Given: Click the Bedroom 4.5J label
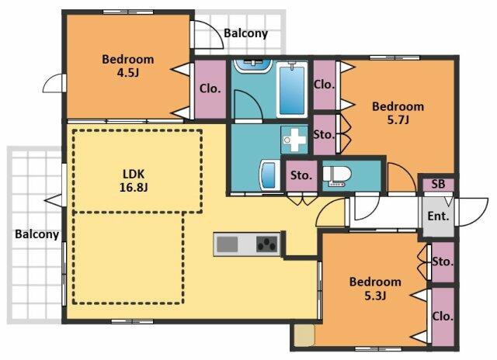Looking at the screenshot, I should tap(127, 65).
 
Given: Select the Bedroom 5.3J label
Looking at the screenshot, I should tap(374, 288).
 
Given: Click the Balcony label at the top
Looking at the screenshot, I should tap(245, 33).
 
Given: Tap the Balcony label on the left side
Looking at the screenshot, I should tap(36, 234).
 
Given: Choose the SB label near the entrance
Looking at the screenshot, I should tap(438, 185).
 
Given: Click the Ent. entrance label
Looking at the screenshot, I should tap(438, 216).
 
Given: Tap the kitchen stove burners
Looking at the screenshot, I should tap(266, 244).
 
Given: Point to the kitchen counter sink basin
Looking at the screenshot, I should tap(228, 244).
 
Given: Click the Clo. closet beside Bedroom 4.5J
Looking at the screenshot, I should tap(210, 88).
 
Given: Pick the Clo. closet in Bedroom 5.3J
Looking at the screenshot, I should tap(442, 316).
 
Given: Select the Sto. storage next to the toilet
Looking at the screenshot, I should tap(301, 175).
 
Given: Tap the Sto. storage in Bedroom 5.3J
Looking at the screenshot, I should tap(442, 261).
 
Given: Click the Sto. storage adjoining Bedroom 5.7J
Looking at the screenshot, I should tap(324, 134).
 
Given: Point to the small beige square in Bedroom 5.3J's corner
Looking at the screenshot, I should tap(304, 334).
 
